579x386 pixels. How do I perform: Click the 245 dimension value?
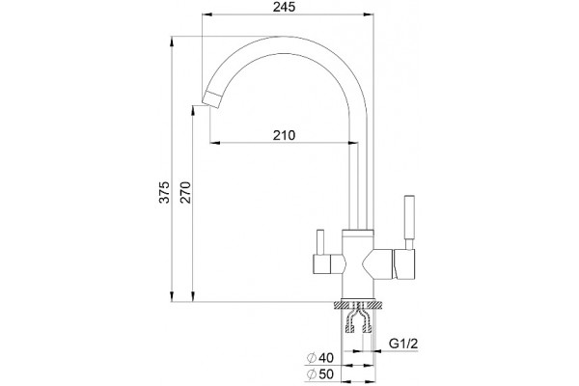(x=284, y=7)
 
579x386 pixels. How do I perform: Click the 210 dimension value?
(x=284, y=135)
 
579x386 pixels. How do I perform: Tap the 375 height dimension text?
(x=164, y=192)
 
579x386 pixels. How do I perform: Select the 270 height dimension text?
(x=185, y=192)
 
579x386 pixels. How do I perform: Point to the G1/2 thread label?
(x=403, y=344)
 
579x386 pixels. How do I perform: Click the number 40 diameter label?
(x=326, y=358)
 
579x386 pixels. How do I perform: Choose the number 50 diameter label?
(x=326, y=374)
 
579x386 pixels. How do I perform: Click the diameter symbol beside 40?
(x=312, y=358)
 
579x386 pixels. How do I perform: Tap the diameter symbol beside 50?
(x=312, y=374)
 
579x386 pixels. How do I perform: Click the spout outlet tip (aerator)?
(x=211, y=98)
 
